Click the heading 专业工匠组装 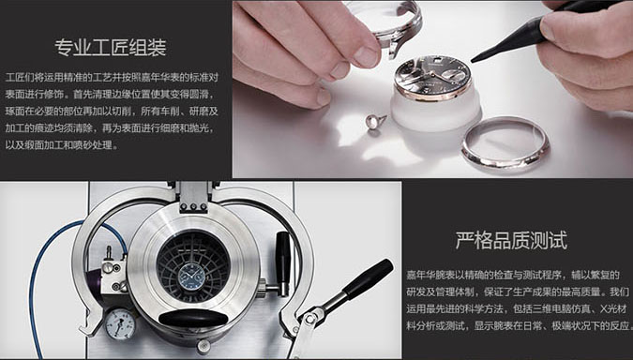(x=111, y=48)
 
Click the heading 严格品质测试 (x=511, y=241)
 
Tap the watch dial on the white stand (x=432, y=76)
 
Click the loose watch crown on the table (x=375, y=122)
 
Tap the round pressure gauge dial (x=120, y=324)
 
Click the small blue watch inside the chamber (x=191, y=277)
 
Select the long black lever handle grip (x=368, y=278)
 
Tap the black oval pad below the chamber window (x=193, y=318)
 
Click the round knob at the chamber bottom (x=203, y=346)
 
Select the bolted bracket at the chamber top (x=193, y=198)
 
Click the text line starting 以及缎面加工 (x=62, y=145)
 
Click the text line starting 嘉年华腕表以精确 (x=513, y=276)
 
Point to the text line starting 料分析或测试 (x=519, y=325)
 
